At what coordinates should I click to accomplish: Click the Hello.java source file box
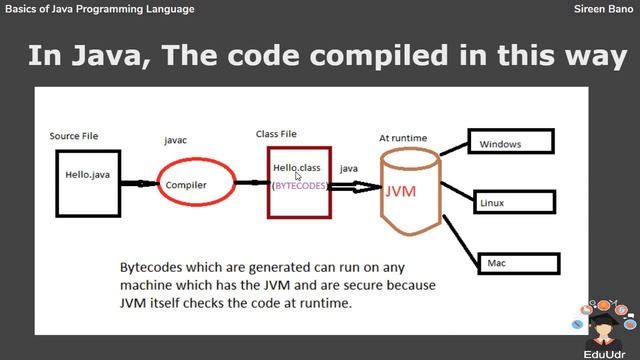click(88, 181)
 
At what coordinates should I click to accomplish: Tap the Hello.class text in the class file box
click(296, 167)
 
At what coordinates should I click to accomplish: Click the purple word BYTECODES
click(300, 186)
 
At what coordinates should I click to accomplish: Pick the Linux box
click(515, 203)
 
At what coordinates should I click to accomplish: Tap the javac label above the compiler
click(175, 141)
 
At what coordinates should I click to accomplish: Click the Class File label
click(277, 133)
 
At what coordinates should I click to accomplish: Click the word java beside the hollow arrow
click(349, 169)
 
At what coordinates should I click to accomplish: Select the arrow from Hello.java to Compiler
click(136, 184)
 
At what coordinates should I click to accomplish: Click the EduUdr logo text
click(605, 353)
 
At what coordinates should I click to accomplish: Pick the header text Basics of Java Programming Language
click(99, 9)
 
